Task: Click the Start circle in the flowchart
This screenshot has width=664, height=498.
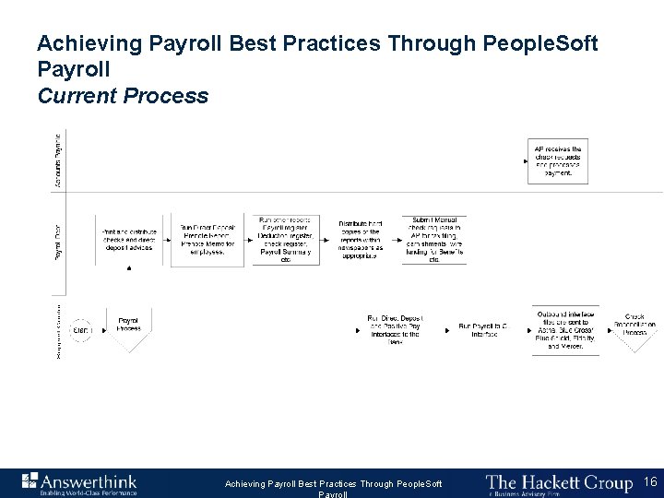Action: (x=80, y=330)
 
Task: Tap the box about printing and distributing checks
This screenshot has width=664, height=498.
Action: (x=130, y=241)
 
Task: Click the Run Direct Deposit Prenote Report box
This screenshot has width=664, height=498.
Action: (x=207, y=241)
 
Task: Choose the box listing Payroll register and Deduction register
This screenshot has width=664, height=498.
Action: (x=285, y=240)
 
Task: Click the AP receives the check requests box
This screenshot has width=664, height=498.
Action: (x=558, y=160)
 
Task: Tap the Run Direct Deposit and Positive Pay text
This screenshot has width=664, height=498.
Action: (x=395, y=328)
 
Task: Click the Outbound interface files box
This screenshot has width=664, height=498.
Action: (x=565, y=330)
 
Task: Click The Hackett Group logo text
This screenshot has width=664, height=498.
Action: (x=559, y=480)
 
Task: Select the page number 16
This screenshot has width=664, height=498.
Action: (x=650, y=480)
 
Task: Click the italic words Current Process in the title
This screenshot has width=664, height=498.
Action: (x=123, y=96)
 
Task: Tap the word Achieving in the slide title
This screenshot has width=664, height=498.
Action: (x=78, y=43)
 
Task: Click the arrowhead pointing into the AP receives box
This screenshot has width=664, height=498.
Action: (x=525, y=160)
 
